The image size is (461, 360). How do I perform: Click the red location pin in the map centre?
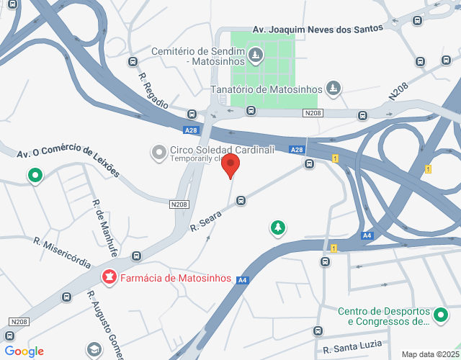230,165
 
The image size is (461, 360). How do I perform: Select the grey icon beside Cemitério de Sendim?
254,54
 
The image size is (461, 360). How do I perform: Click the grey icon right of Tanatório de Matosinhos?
333,89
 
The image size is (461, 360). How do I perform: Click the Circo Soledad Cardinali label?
222,150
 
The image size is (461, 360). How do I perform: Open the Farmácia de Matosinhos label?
175,278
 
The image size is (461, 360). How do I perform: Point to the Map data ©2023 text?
430,354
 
